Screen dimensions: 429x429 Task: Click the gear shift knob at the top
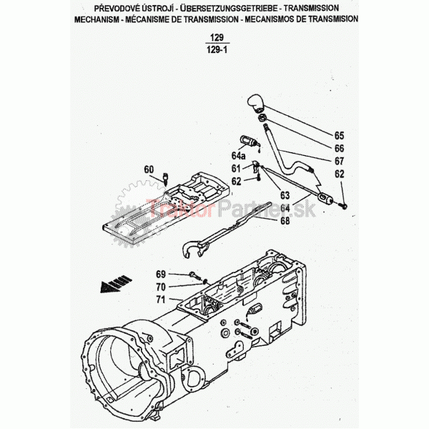256,104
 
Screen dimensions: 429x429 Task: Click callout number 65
339,136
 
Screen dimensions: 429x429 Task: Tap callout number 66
339,148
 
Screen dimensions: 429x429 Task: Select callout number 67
339,161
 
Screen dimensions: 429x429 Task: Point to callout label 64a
238,156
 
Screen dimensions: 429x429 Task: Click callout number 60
149,169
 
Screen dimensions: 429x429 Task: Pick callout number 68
285,220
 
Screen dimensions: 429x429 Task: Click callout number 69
161,274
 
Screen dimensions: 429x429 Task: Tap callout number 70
161,287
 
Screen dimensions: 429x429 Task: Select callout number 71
161,300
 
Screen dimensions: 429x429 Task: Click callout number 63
285,195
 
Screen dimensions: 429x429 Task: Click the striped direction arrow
116,284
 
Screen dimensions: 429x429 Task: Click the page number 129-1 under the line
217,50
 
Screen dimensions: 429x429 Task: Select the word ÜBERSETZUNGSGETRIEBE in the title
229,9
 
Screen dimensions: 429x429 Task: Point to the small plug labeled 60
165,178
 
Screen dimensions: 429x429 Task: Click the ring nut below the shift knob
262,118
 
